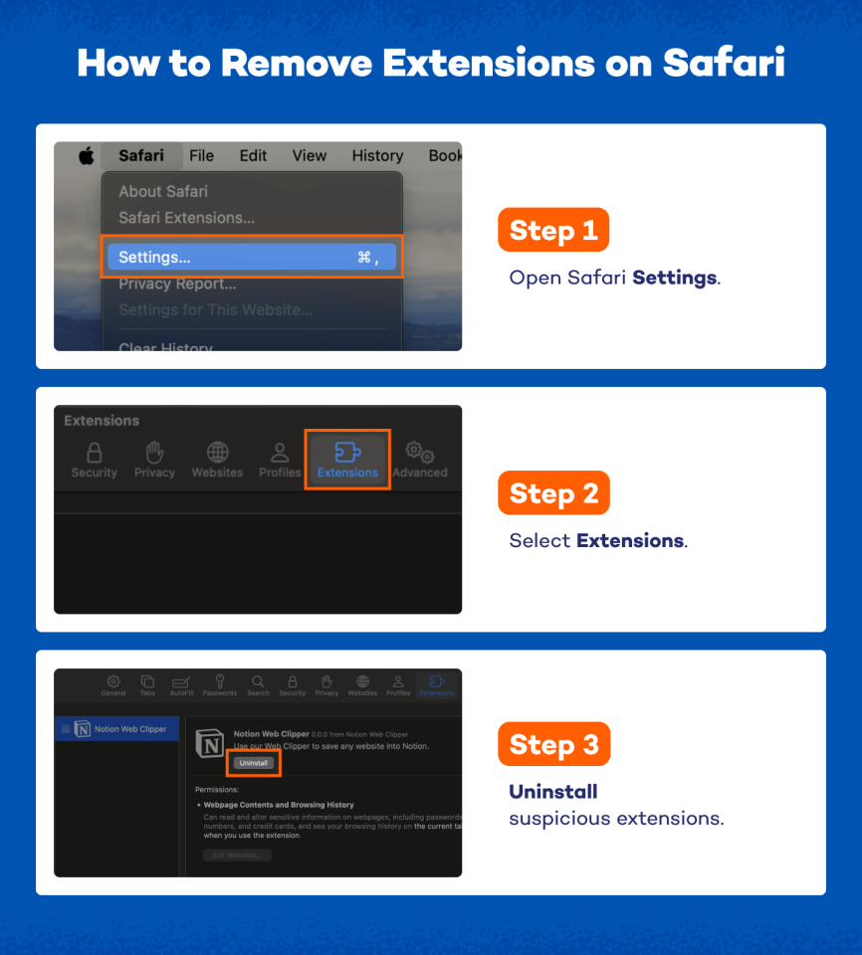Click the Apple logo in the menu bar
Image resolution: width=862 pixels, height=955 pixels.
click(x=87, y=156)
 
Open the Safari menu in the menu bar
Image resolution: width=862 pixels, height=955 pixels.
click(x=141, y=156)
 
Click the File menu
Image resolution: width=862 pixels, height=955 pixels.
click(x=201, y=156)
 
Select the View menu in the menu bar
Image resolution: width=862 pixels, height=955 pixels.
click(x=309, y=156)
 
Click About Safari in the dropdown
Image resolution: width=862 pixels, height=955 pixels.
click(x=163, y=191)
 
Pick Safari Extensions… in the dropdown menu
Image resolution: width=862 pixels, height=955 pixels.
click(x=186, y=218)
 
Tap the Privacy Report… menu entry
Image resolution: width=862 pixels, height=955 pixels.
click(x=184, y=285)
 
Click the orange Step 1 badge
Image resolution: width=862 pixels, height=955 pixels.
click(x=552, y=231)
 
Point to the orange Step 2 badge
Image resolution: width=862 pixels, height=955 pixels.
click(x=552, y=493)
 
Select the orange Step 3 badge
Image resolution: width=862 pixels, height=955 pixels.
click(x=552, y=745)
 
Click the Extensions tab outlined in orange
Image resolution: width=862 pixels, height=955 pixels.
click(x=347, y=460)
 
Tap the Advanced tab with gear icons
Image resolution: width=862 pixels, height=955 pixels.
click(x=419, y=460)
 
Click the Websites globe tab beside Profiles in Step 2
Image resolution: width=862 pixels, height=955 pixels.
click(x=217, y=460)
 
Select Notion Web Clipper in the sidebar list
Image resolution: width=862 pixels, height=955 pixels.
click(x=119, y=729)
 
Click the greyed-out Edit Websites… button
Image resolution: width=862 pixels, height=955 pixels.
click(x=237, y=856)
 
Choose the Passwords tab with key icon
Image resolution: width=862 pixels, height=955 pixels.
click(x=220, y=685)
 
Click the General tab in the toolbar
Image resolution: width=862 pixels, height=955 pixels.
click(x=113, y=685)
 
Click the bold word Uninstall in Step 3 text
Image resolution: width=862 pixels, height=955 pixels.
click(x=552, y=793)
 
